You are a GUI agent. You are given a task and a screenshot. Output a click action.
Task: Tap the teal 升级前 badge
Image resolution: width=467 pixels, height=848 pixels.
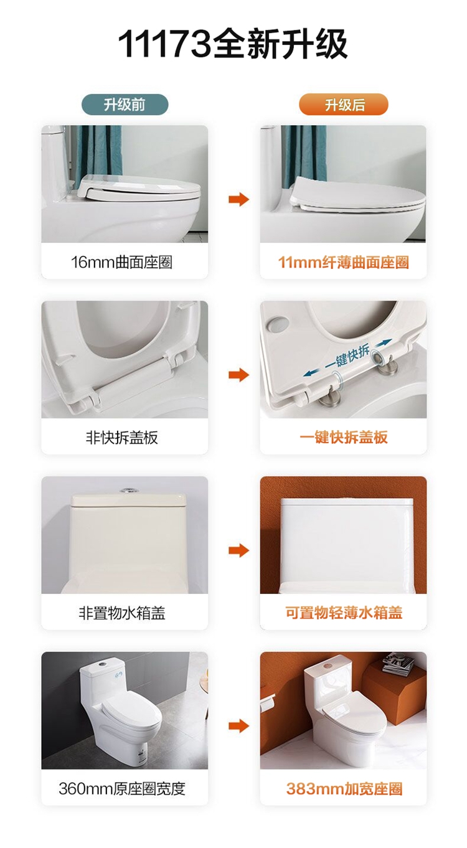coord(125,105)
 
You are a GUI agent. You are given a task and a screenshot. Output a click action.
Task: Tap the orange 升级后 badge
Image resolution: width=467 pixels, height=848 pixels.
coord(344,105)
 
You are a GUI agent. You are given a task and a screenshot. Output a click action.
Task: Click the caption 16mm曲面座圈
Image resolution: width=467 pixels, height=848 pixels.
coord(121,262)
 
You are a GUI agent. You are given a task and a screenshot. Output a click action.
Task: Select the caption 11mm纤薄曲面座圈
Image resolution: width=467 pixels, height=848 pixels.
coord(344,262)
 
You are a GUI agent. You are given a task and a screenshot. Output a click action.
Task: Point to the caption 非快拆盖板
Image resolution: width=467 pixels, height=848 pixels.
coord(121,437)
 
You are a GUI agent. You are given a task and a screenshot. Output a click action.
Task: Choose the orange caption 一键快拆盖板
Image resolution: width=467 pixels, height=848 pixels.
coord(344,437)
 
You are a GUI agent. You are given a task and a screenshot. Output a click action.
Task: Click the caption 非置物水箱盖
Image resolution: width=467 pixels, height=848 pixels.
coord(121,613)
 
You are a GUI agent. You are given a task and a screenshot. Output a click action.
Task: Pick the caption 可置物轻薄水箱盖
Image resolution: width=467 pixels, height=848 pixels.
coord(344,613)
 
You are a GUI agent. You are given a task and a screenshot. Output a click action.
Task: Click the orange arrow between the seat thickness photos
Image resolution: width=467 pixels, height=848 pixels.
coord(238,199)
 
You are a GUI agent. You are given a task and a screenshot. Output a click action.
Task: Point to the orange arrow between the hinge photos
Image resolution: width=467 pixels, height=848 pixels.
coord(238,375)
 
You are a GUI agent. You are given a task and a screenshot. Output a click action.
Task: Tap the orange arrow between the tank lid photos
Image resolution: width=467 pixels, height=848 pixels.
coord(238,550)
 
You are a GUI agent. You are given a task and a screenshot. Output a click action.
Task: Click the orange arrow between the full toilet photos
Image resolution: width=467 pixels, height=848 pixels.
coord(238,726)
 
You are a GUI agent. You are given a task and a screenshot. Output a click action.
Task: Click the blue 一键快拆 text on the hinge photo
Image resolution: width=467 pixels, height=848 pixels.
coord(347,356)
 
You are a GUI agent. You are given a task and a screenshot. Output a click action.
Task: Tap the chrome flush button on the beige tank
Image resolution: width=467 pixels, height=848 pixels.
coord(128,491)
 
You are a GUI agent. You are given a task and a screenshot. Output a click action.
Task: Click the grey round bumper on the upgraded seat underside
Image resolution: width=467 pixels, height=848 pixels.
coord(278,323)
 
